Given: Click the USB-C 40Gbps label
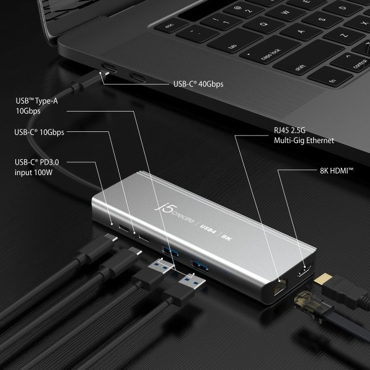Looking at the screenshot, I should (199, 84).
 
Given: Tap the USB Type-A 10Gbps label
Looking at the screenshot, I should (37, 106).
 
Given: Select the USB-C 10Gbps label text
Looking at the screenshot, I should (39, 132).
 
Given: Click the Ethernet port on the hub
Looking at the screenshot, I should (280, 286).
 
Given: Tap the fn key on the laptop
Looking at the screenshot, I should (332, 80).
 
